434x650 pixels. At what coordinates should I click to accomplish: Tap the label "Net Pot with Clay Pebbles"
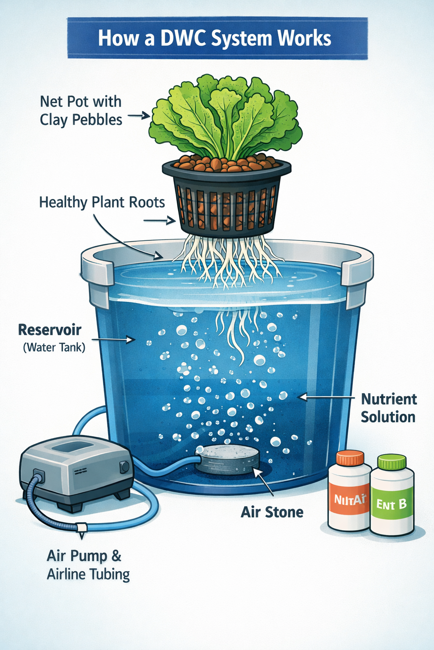81,111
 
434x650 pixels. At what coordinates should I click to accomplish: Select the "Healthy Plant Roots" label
102,202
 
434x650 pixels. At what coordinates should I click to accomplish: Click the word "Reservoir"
50,330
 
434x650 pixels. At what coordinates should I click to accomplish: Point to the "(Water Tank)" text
54,347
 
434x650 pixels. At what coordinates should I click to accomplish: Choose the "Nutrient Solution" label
388,408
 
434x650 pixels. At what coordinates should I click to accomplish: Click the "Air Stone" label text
272,512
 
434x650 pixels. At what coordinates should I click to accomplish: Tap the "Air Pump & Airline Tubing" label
88,565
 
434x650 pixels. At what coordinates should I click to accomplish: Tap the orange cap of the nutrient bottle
350,458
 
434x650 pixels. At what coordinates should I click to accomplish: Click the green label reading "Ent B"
392,504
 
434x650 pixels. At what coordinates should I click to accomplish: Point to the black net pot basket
227,199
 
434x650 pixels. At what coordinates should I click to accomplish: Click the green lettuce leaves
227,114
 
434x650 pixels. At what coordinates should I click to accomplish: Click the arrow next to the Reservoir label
113,339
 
